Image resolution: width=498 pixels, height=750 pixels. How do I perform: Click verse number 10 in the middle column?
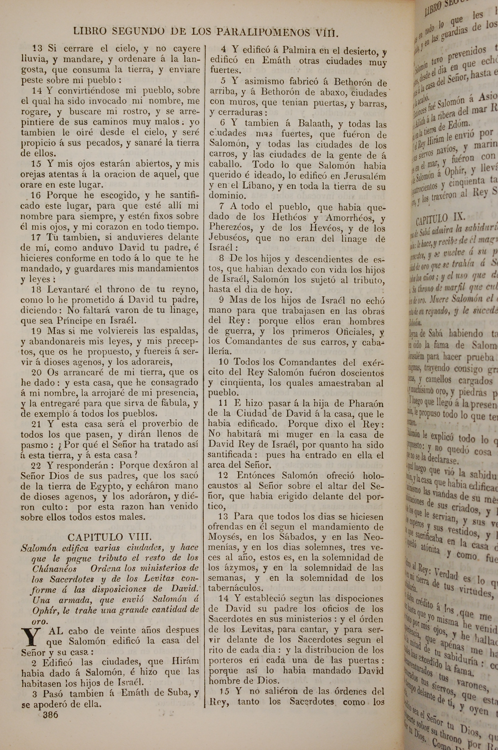coord(224,362)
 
